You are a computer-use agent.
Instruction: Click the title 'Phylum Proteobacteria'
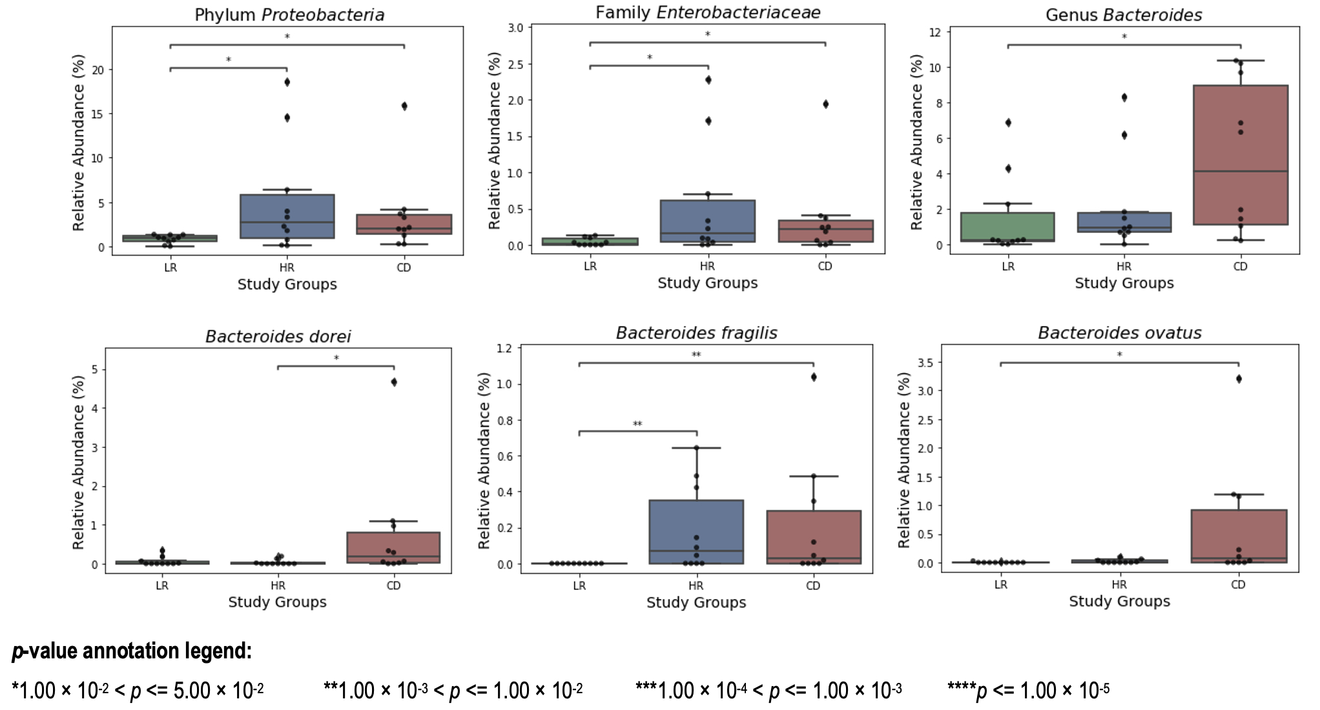pyautogui.click(x=289, y=15)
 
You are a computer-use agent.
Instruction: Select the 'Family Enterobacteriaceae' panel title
pyautogui.click(x=708, y=13)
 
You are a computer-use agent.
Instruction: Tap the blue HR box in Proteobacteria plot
pyautogui.click(x=287, y=216)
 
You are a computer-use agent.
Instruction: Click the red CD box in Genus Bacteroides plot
pyautogui.click(x=1240, y=155)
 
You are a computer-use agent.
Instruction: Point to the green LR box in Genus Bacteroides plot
pyautogui.click(x=1007, y=227)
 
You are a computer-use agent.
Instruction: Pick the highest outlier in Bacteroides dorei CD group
pyautogui.click(x=394, y=382)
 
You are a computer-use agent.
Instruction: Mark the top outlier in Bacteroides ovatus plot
pyautogui.click(x=1239, y=379)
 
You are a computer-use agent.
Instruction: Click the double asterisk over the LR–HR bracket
pyautogui.click(x=637, y=424)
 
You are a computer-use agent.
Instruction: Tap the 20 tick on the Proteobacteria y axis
pyautogui.click(x=98, y=70)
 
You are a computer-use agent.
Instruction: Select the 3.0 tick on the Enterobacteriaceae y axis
pyautogui.click(x=515, y=28)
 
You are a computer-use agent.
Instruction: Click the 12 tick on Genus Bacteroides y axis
pyautogui.click(x=934, y=32)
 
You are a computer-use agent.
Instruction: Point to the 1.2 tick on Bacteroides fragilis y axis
pyautogui.click(x=504, y=349)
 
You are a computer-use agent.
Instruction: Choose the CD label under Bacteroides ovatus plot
pyautogui.click(x=1238, y=585)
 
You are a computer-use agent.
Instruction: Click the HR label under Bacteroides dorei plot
pyautogui.click(x=278, y=585)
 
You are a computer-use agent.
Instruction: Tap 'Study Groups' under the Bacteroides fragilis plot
pyautogui.click(x=696, y=602)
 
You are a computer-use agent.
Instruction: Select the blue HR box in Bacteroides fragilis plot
pyautogui.click(x=696, y=531)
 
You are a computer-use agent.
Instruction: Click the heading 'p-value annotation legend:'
pyautogui.click(x=132, y=651)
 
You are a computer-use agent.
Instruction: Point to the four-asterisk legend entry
pyautogui.click(x=1028, y=691)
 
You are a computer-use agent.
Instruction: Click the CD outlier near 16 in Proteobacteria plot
pyautogui.click(x=404, y=106)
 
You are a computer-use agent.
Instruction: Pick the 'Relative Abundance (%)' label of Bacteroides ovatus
pyautogui.click(x=904, y=460)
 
